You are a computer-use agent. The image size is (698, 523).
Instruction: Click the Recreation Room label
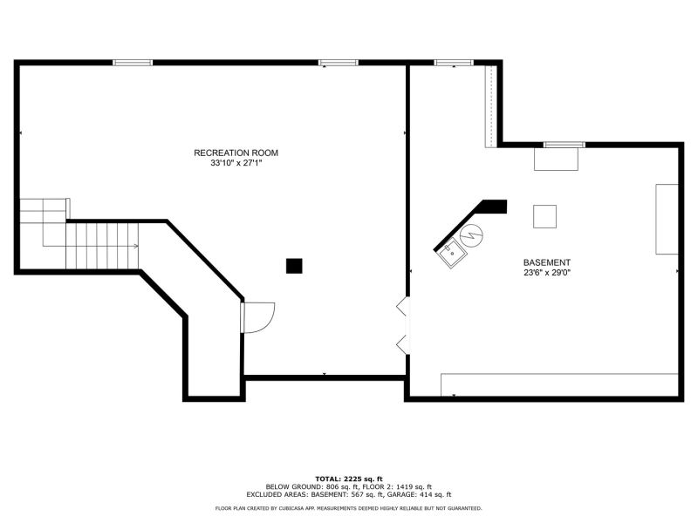coord(236,153)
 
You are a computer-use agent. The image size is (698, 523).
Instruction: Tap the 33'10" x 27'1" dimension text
coord(236,163)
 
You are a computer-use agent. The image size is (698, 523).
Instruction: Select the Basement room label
coord(547,263)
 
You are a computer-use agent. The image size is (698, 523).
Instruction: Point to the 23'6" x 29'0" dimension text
coord(547,273)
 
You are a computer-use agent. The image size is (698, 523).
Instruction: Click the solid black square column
coord(294,266)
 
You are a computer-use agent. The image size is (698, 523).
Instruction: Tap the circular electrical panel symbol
coord(472,235)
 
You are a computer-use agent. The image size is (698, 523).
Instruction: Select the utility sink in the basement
coord(452,254)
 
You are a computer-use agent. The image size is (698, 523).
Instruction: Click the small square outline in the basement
coord(544,216)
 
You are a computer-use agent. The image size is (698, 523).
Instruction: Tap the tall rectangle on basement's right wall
coord(667,220)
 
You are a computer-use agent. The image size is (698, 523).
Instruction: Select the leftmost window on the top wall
coord(133,63)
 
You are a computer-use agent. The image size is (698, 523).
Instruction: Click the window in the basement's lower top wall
coord(564,145)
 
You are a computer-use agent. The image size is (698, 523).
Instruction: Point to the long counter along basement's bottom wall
coord(559,384)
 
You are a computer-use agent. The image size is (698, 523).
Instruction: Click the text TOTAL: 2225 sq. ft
coord(349,479)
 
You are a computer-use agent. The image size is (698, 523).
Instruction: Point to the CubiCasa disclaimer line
coord(348,508)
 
